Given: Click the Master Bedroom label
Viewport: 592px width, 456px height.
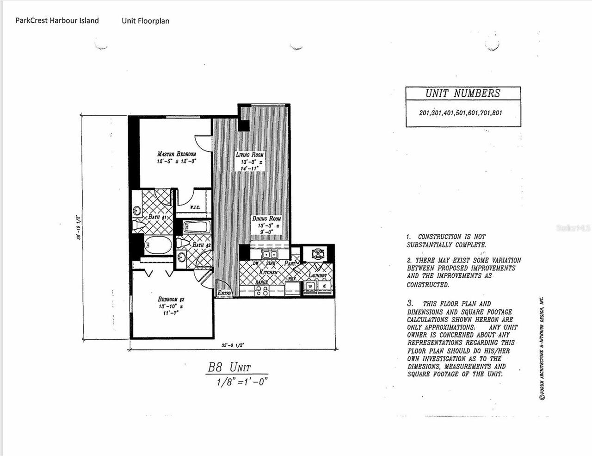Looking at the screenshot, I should tap(176, 154).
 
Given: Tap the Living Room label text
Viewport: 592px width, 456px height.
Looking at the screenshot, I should tap(249, 155).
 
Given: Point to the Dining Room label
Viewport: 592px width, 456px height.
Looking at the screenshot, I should tap(266, 219).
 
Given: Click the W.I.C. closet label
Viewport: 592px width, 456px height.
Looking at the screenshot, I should tap(195, 207).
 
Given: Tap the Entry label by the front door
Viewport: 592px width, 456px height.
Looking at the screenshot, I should tap(224, 293).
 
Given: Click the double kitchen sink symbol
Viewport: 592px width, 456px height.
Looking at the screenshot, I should tap(270, 254).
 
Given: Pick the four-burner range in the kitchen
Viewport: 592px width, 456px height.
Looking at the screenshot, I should tap(261, 290).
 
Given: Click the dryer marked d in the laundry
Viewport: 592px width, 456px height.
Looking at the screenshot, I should tap(324, 287).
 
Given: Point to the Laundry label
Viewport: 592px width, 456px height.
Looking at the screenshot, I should tap(318, 275).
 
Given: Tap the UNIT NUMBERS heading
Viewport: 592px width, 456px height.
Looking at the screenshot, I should tap(462, 93).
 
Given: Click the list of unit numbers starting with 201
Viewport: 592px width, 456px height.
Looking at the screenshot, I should tap(460, 113).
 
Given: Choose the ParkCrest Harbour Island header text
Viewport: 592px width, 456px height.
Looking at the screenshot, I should tap(57, 20).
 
